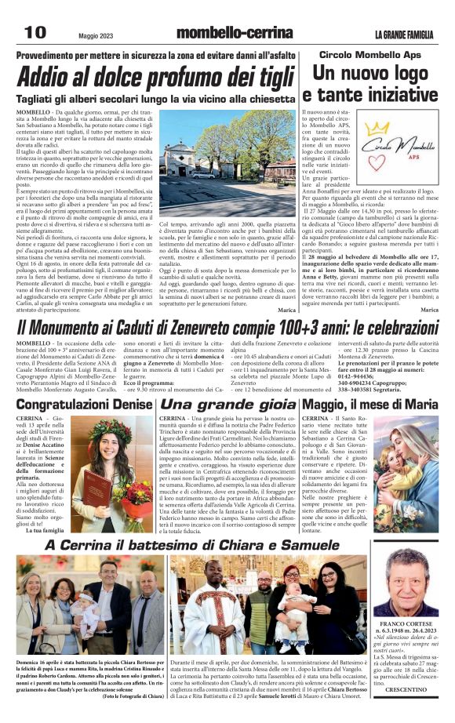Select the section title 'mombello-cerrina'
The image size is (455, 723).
[224, 33]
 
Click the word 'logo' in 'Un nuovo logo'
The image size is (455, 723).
[415, 73]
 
